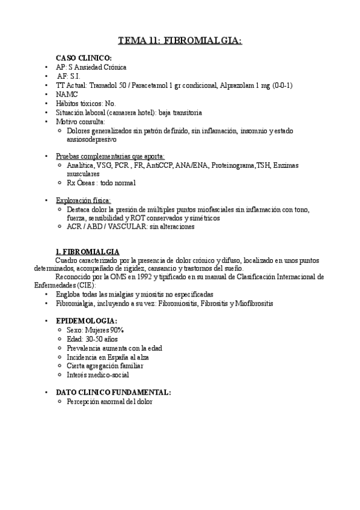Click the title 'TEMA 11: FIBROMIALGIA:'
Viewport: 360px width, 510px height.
180,40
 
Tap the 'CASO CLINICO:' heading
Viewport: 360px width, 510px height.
88,58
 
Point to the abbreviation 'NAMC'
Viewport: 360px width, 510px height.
66,94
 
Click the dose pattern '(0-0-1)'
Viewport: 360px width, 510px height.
281,85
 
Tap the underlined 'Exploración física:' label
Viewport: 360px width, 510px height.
84,200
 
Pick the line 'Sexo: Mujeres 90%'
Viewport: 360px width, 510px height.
96,330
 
